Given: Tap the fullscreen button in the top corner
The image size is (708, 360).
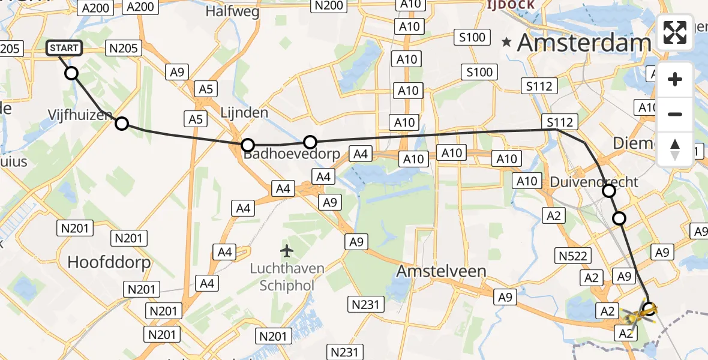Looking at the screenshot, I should pos(675,32).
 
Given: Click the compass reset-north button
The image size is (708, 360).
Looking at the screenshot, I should pos(675,149).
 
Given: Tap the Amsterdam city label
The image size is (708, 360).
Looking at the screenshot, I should pos(584,43).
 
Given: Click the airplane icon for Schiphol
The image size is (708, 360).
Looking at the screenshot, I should pos(287,250).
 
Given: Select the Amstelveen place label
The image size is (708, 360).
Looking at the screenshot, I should pos(441,271).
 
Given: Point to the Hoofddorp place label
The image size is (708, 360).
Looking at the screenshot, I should pos(109,262).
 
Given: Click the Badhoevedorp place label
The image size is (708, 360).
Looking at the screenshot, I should pos(292,155).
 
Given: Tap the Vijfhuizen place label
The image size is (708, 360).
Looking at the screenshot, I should pos(80,114).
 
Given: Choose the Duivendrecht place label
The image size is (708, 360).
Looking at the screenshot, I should pos(595,181).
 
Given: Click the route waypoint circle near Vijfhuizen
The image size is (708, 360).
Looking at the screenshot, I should pos(122,124).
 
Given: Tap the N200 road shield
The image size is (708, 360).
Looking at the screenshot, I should pos(329,5).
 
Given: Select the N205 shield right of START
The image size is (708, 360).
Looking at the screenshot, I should pos(122,48).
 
